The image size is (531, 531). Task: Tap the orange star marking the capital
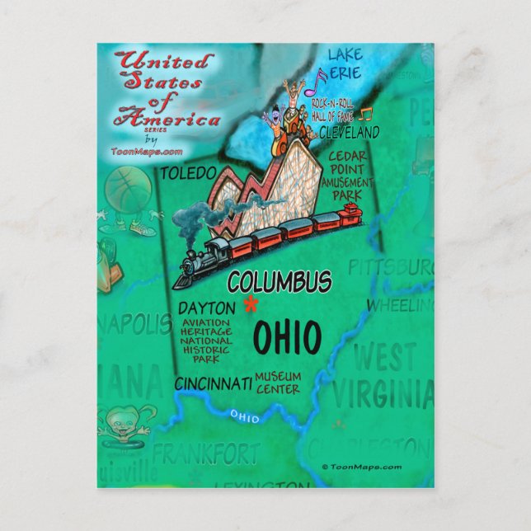[x=249, y=305]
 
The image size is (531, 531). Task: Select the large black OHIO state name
[x=287, y=337]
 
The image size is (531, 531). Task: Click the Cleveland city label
[x=349, y=132]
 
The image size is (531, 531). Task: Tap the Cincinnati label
[x=213, y=383]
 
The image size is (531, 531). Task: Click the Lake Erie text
[x=345, y=63]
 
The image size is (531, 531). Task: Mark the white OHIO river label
[x=244, y=417]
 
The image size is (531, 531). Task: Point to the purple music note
[x=319, y=82]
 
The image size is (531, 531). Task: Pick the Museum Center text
[x=278, y=383]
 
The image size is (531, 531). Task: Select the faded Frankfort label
[x=205, y=453]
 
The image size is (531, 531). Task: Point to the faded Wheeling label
[x=396, y=306]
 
